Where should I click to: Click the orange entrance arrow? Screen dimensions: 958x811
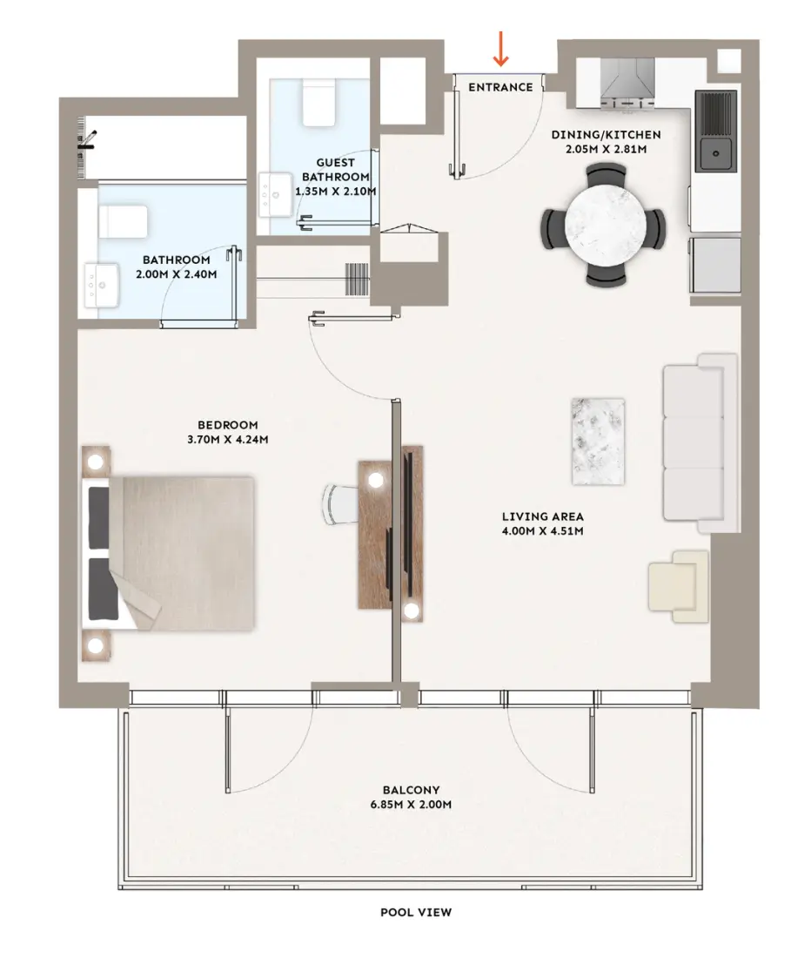pyautogui.click(x=500, y=49)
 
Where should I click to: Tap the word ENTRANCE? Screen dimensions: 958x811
pyautogui.click(x=500, y=87)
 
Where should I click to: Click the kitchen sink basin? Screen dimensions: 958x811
pyautogui.click(x=716, y=155)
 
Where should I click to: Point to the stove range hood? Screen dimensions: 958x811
pyautogui.click(x=628, y=79)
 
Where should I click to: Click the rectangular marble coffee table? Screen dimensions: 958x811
pyautogui.click(x=597, y=441)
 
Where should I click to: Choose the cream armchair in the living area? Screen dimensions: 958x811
pyautogui.click(x=679, y=586)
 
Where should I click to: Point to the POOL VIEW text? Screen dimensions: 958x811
pyautogui.click(x=416, y=913)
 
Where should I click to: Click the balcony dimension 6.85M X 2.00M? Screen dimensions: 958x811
pyautogui.click(x=411, y=805)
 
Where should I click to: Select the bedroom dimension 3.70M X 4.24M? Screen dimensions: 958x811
pyautogui.click(x=227, y=439)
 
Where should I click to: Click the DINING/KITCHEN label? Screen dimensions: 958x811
pyautogui.click(x=607, y=135)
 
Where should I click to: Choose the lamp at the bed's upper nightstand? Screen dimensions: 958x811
pyautogui.click(x=97, y=461)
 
